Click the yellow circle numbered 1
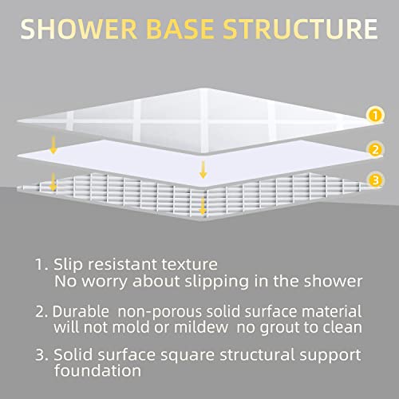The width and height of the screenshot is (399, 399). coord(373,117)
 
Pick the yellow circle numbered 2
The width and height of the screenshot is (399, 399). coord(373,149)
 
